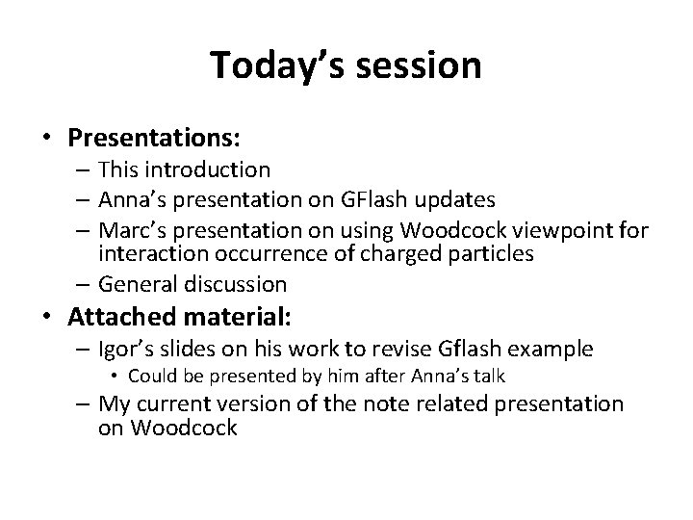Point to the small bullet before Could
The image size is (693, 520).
point(117,377)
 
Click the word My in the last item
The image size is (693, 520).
point(114,404)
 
